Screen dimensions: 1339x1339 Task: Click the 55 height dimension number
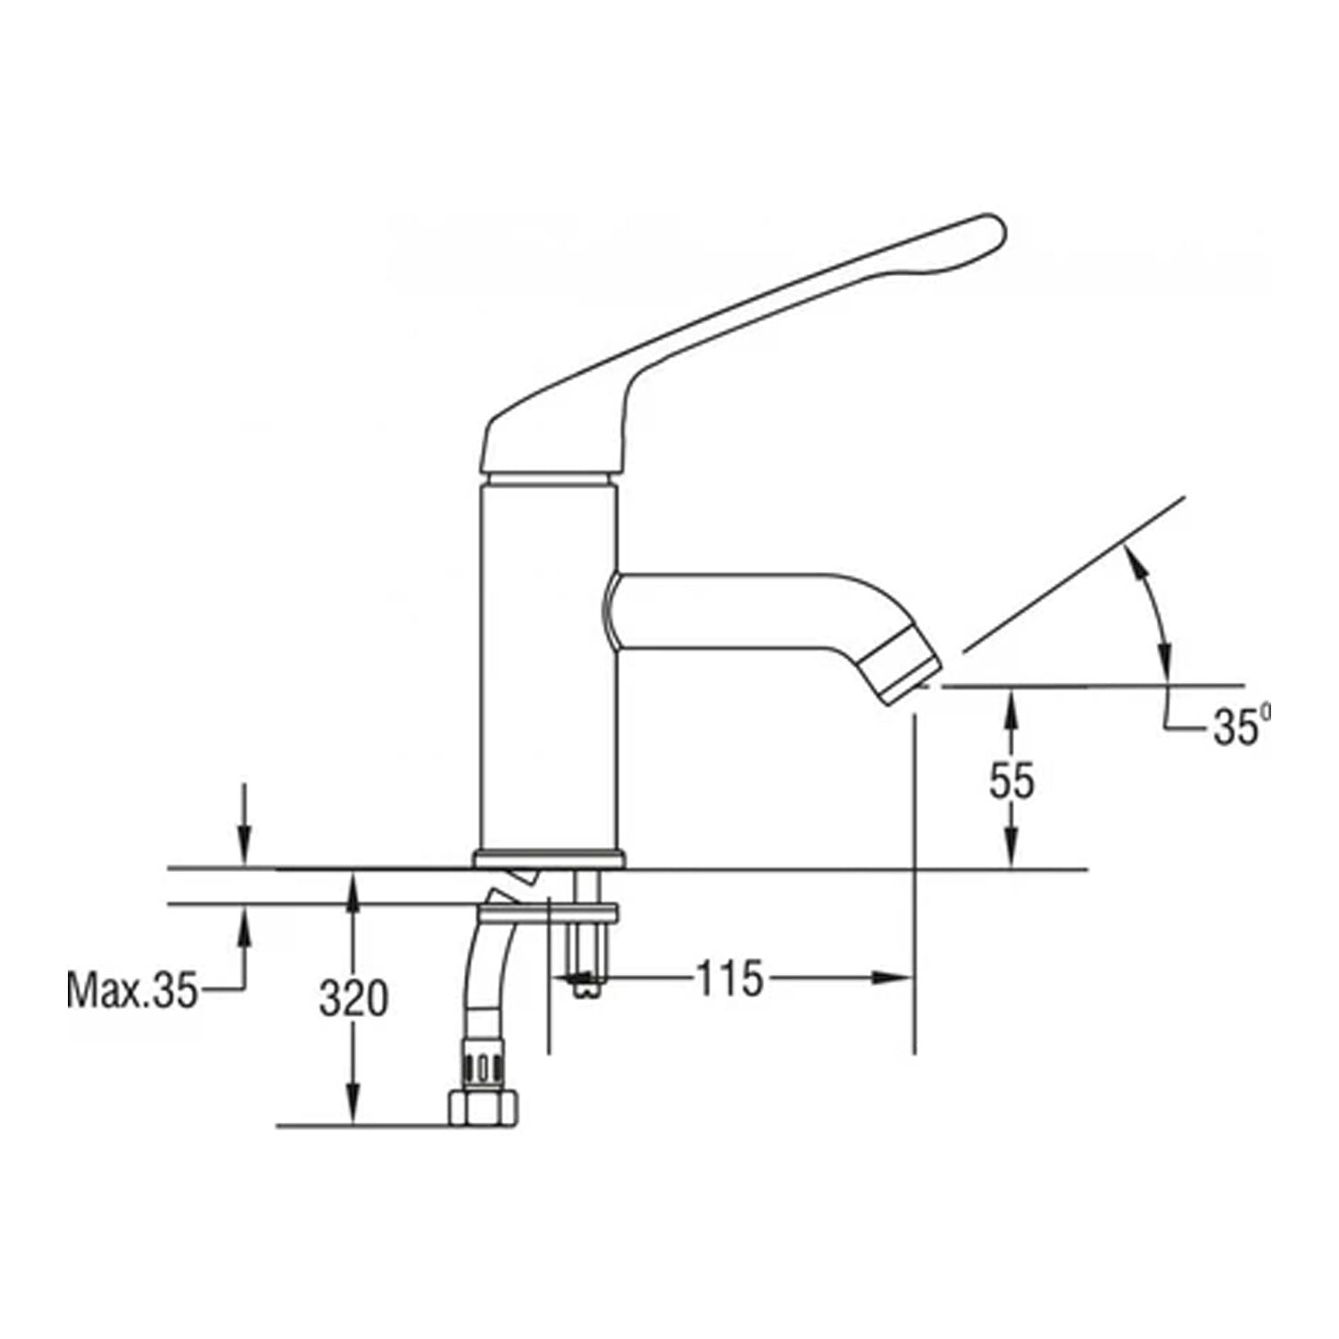[1011, 781]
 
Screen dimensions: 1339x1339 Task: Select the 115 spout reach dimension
[729, 978]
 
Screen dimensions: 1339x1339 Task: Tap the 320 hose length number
[353, 999]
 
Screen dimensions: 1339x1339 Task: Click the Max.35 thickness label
[131, 990]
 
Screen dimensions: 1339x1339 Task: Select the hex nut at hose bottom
[482, 1108]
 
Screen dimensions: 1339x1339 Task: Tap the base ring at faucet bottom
[546, 859]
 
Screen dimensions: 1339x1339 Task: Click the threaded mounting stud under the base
[586, 946]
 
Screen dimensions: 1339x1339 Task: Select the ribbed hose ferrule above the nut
[482, 1062]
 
